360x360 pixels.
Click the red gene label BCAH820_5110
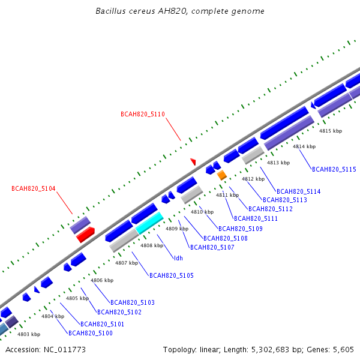(x=143, y=114)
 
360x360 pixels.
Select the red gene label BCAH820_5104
(x=33, y=188)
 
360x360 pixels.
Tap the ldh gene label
(x=178, y=258)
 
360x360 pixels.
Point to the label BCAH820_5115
(x=334, y=169)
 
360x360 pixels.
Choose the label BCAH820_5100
(x=91, y=333)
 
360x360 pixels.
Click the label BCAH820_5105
(x=172, y=275)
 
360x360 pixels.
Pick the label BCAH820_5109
(x=241, y=229)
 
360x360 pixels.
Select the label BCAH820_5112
(x=271, y=209)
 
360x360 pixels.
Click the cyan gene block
(x=149, y=223)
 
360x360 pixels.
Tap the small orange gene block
(x=222, y=175)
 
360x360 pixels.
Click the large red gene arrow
(x=85, y=235)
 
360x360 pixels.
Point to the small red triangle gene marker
(x=193, y=161)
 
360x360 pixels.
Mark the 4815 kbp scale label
(x=331, y=131)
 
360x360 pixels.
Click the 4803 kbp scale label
(x=29, y=334)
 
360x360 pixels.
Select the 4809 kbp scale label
(x=177, y=229)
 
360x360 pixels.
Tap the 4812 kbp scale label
(x=253, y=179)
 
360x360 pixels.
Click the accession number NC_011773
(x=65, y=350)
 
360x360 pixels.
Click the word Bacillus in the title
(x=110, y=11)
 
